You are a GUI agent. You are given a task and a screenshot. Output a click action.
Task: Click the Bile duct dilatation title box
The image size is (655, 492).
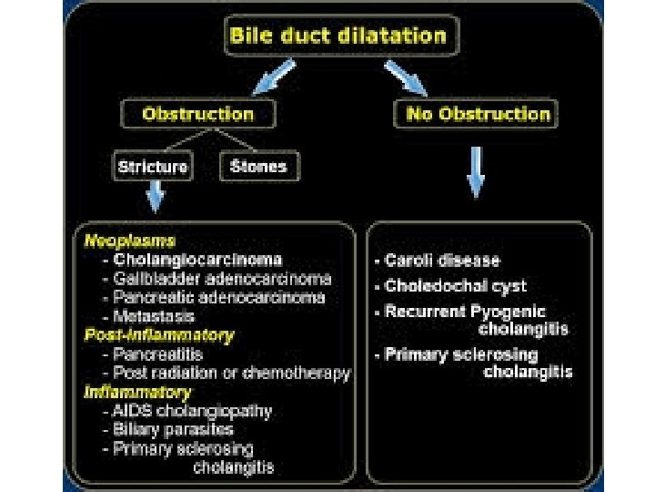click(338, 36)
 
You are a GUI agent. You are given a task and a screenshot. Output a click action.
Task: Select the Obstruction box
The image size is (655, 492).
click(197, 115)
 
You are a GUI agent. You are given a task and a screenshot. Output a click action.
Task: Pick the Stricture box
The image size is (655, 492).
click(152, 166)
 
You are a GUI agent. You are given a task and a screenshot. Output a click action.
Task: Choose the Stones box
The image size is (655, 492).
click(258, 166)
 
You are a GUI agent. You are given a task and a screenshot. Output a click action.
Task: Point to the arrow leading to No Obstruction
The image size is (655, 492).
click(406, 77)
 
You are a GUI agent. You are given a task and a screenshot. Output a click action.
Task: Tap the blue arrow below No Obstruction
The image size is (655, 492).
click(475, 171)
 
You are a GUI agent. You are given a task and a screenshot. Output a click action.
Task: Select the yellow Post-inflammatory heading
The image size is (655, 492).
click(158, 335)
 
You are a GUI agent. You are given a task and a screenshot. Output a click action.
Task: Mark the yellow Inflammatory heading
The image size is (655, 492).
click(137, 392)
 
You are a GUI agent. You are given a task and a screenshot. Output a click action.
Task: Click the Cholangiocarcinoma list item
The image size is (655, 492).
click(196, 260)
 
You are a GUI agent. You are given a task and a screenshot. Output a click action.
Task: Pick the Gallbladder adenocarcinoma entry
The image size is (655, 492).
click(222, 279)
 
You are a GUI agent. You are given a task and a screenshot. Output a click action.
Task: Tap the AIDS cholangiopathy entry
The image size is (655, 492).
click(192, 411)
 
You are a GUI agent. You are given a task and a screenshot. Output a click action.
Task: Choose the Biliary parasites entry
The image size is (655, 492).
click(173, 429)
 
